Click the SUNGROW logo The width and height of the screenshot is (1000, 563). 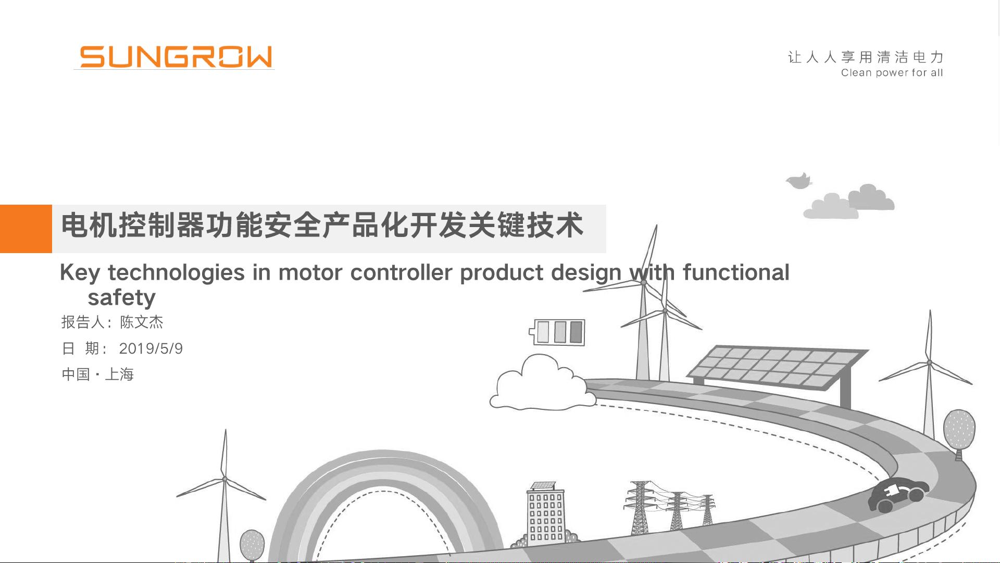(176, 57)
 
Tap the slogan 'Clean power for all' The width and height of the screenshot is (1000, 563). (892, 73)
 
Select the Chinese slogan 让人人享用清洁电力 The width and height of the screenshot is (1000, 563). (866, 57)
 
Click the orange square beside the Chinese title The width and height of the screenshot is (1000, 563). (26, 229)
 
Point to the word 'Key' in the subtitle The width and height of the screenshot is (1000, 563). (79, 273)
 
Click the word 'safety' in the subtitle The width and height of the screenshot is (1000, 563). (122, 298)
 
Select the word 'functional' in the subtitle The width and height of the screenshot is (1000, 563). (736, 272)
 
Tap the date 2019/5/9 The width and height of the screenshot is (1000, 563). (151, 348)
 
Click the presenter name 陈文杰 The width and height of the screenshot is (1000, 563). (142, 322)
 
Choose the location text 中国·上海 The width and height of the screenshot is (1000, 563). (98, 374)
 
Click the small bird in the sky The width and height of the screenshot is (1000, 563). (799, 181)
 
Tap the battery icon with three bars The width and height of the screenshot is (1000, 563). (557, 332)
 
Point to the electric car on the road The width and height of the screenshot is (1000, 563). (898, 494)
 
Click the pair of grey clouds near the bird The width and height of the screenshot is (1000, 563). (849, 202)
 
